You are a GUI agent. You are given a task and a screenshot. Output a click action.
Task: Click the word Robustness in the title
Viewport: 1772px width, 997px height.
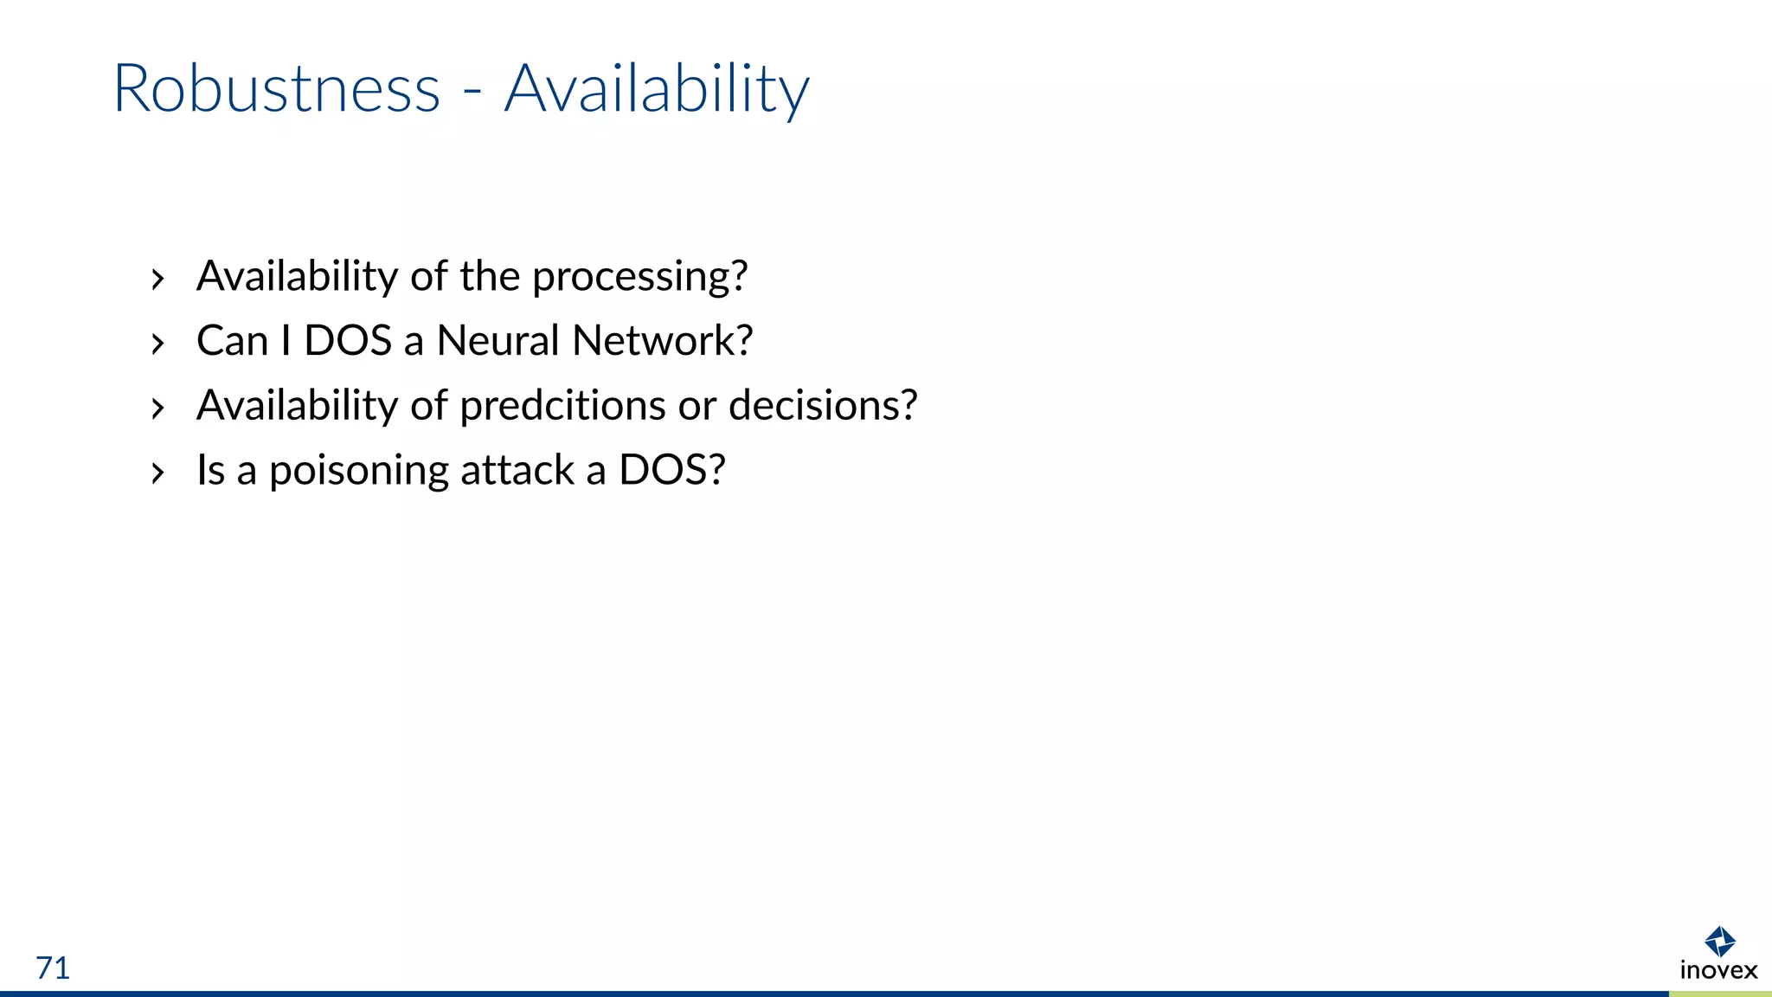point(277,89)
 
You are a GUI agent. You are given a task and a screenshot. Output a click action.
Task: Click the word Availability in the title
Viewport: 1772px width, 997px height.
point(657,89)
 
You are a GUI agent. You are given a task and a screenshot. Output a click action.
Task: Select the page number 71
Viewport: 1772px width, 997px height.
point(53,968)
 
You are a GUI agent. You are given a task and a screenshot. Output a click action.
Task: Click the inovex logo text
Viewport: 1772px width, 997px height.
point(1718,970)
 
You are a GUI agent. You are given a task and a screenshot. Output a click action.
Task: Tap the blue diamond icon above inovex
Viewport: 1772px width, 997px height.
point(1719,941)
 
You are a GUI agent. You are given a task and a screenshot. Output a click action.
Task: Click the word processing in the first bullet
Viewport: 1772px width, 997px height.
point(639,277)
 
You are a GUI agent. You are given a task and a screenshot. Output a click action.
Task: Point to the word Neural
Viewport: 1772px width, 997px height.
point(498,340)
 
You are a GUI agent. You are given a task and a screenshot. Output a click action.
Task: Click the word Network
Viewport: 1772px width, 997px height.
point(662,340)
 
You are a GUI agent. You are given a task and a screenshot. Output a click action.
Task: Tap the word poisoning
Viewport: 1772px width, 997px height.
point(359,471)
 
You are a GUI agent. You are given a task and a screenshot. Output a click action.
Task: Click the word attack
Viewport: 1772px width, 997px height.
point(517,470)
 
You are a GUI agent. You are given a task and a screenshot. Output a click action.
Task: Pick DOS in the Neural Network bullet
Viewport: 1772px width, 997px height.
point(348,340)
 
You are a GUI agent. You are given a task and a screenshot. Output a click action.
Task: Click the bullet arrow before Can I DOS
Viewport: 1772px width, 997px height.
point(157,344)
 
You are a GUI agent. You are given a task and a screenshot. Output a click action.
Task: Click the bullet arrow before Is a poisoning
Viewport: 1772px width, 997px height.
point(157,473)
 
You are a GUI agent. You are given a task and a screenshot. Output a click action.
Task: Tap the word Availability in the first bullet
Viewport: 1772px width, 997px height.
point(297,277)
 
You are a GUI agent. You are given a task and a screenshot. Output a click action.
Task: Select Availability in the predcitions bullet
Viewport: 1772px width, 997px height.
point(297,405)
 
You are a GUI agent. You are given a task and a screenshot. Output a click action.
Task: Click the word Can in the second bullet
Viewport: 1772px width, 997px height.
point(232,340)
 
